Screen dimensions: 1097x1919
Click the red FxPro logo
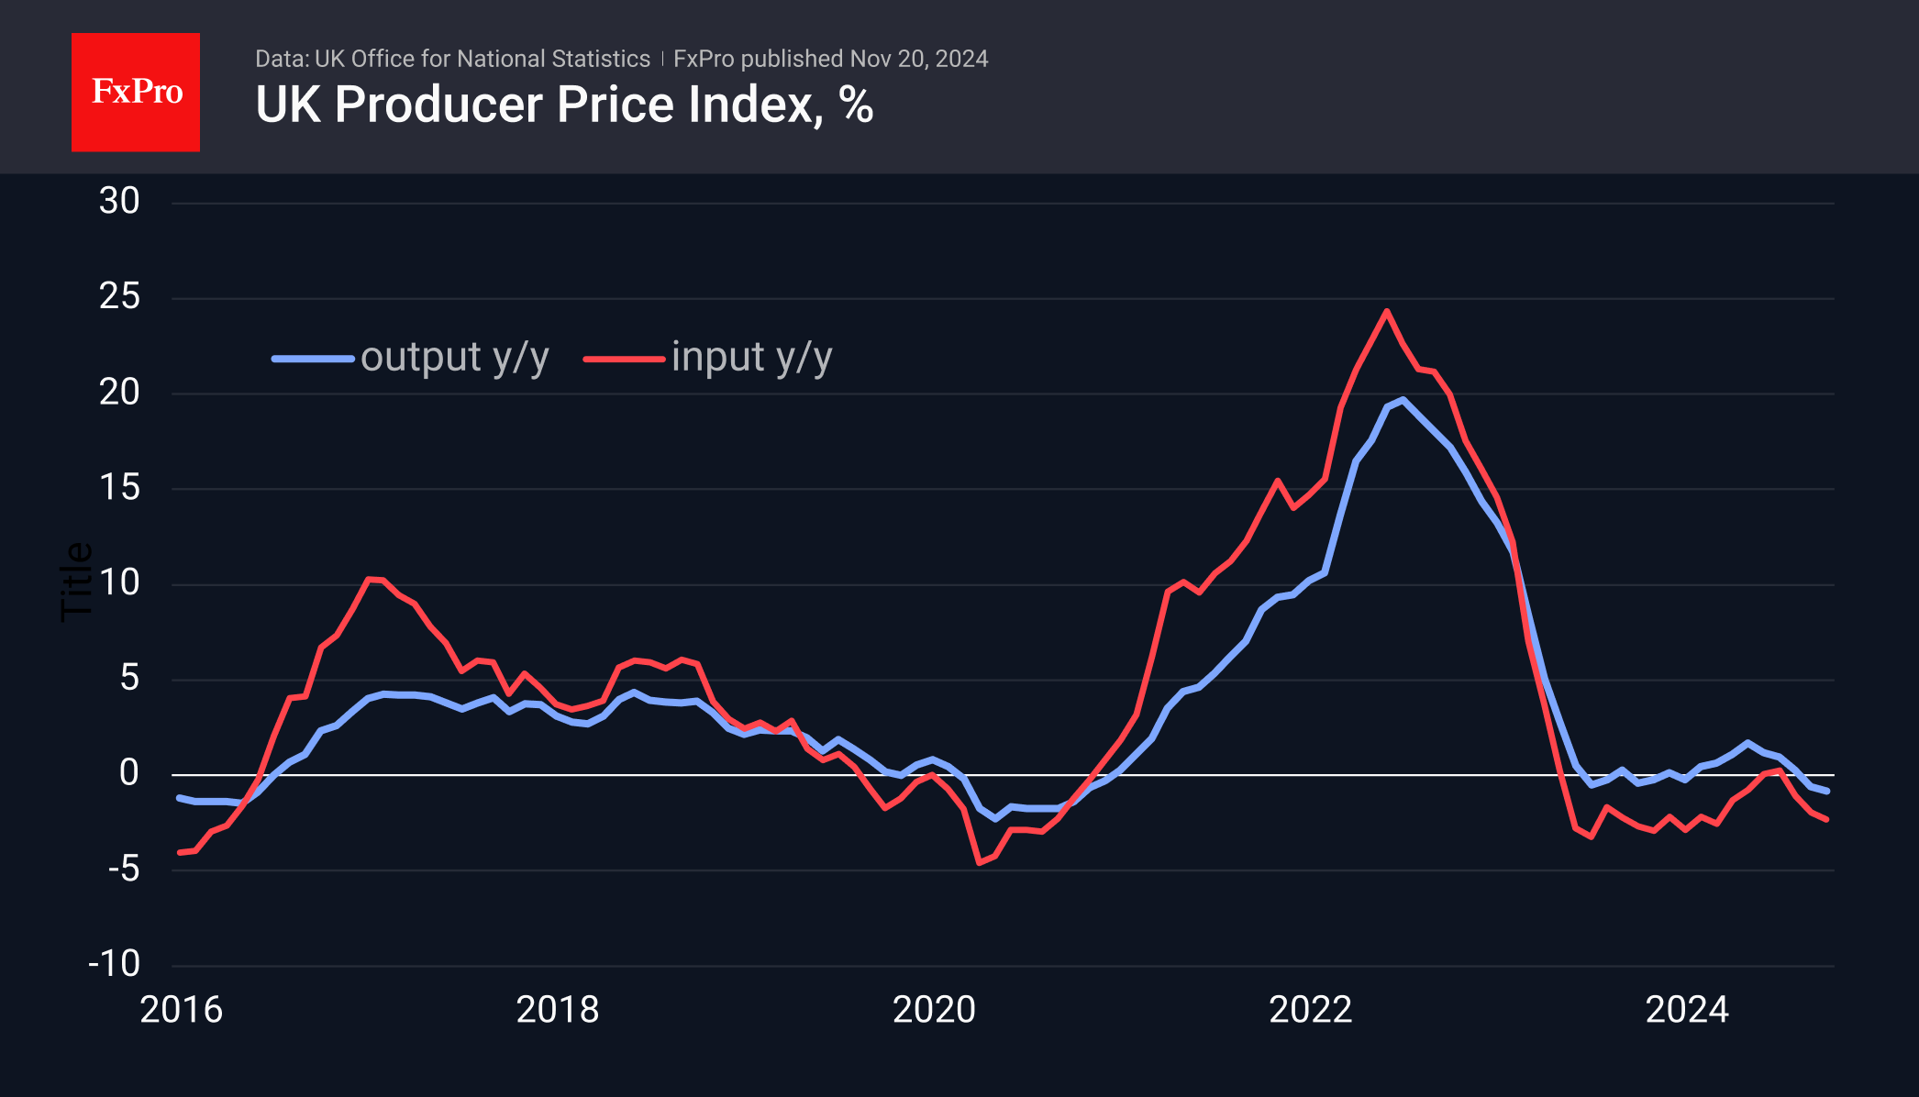136,92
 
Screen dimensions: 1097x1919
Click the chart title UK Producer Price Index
563,105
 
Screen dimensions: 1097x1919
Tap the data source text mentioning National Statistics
452,59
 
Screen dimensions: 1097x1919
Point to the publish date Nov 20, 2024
918,59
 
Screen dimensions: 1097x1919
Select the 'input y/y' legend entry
708,358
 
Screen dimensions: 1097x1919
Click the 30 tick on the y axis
119,201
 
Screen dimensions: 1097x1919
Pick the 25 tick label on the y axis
119,296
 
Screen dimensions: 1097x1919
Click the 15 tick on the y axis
119,487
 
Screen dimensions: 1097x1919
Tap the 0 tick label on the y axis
129,773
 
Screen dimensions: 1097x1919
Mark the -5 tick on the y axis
123,869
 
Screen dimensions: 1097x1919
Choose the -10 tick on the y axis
115,964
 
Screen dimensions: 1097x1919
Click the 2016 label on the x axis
181,1010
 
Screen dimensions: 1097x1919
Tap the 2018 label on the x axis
558,1010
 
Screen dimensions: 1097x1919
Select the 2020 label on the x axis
934,1010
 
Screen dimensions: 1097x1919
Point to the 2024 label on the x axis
1687,1010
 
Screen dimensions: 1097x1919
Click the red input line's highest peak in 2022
1386,311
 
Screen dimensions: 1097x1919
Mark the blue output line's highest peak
1403,400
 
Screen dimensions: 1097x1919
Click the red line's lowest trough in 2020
980,862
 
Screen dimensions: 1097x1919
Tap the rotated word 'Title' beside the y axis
77,582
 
